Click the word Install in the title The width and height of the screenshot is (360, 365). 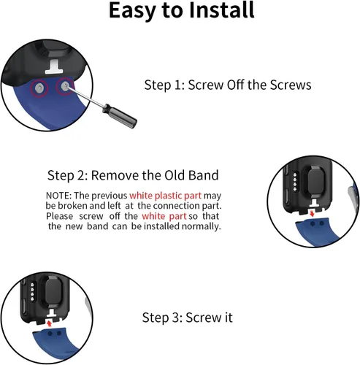point(221,10)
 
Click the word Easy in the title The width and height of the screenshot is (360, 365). point(131,12)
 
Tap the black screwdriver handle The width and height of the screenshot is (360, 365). point(120,116)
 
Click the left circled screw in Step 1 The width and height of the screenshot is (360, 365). point(39,88)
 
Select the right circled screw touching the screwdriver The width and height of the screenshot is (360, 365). point(64,86)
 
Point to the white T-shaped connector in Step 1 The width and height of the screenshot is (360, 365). point(54,67)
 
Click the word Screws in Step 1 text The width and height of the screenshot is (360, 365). point(291,85)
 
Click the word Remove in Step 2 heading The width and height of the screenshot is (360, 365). point(115,175)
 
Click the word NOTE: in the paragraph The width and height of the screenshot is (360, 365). point(58,196)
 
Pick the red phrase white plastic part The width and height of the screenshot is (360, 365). point(166,196)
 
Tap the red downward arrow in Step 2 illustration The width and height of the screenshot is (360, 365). point(313,214)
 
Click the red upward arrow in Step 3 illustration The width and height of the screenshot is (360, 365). point(50,323)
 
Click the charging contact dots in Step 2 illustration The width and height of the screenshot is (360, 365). point(295,182)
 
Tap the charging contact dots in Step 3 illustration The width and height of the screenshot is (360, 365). point(32,291)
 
